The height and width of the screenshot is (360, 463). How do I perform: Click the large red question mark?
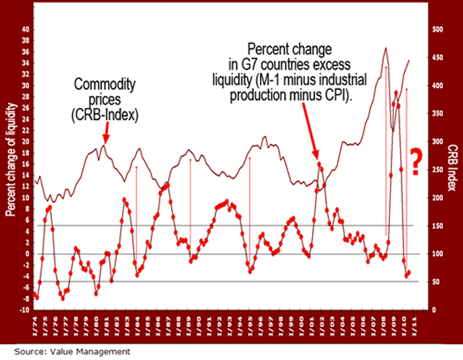coord(416,161)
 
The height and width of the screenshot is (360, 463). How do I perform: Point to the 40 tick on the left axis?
coord(26,29)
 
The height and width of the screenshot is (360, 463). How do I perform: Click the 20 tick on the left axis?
coord(26,141)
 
